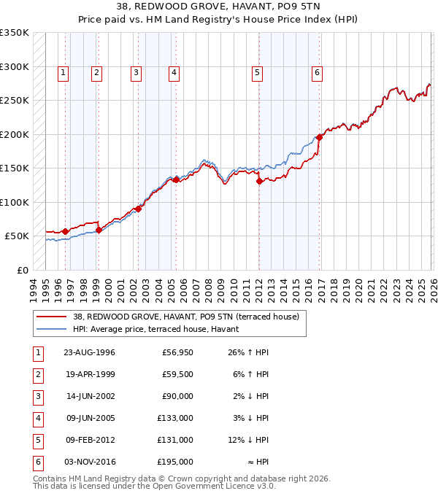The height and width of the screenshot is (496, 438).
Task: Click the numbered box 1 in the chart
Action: pos(64,72)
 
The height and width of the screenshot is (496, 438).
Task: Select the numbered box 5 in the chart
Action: pos(258,72)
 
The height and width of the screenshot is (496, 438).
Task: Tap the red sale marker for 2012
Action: pos(259,182)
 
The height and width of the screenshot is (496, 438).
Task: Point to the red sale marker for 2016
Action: pos(319,137)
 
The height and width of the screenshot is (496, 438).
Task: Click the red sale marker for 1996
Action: pos(65,231)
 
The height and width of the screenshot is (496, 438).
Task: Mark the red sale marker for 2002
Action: pos(138,209)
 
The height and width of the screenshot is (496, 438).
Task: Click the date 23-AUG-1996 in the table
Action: pos(89,353)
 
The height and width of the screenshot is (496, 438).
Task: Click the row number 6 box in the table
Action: pos(37,462)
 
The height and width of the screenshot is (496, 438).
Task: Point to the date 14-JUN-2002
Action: pos(89,397)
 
